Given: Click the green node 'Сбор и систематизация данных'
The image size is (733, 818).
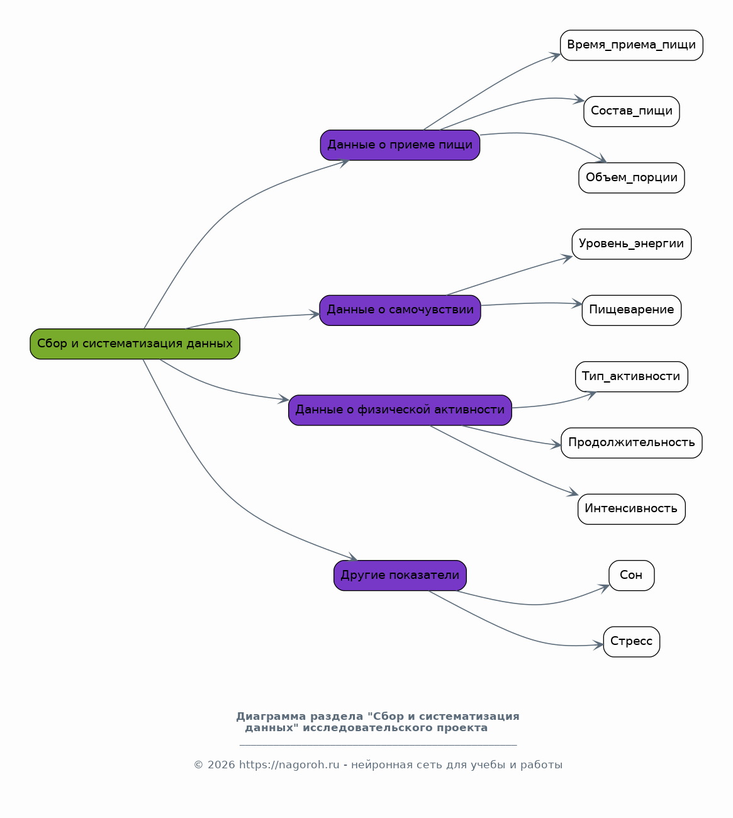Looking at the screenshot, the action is pos(135,344).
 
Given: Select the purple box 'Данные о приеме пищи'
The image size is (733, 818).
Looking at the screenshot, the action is pos(400,145).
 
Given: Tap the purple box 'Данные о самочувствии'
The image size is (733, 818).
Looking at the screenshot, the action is pos(400,310).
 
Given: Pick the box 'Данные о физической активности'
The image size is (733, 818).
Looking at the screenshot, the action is pos(400,410).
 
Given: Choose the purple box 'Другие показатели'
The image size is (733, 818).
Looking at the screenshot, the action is pos(400,575).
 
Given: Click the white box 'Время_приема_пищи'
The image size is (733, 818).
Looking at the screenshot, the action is pos(631,45).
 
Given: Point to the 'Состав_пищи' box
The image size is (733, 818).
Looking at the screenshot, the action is pos(631,111).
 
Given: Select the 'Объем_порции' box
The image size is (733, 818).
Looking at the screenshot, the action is pos(631,177).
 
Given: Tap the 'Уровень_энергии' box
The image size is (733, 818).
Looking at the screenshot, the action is pos(631,244).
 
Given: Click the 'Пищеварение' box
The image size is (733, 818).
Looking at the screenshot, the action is pos(631,310).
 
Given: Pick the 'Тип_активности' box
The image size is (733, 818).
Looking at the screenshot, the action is pos(631,376).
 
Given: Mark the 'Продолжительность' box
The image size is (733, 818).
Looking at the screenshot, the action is pos(631,442).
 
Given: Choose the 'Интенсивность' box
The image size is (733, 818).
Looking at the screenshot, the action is pos(631,508).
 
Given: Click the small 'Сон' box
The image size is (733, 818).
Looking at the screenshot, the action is pos(631,575).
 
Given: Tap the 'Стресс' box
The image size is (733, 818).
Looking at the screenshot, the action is pos(631,642).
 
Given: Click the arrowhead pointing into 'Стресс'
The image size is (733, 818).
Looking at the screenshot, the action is pos(598,644).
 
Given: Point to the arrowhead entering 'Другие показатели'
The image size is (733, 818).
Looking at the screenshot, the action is pos(352,557).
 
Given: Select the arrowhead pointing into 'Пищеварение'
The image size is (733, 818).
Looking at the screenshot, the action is pos(577,304).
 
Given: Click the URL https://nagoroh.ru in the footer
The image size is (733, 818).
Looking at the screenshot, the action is pos(289,765).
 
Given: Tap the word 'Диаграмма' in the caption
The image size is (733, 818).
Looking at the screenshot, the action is pos(271,717).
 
